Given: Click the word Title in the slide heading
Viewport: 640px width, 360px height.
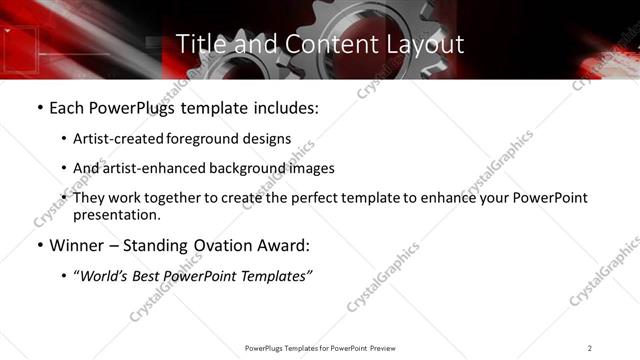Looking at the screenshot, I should tap(197, 45).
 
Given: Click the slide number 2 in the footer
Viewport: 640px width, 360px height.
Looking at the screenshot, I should tap(590, 347).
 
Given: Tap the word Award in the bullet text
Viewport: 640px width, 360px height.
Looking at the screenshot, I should tap(282, 245).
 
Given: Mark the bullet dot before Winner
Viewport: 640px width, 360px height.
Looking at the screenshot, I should tap(38, 245).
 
